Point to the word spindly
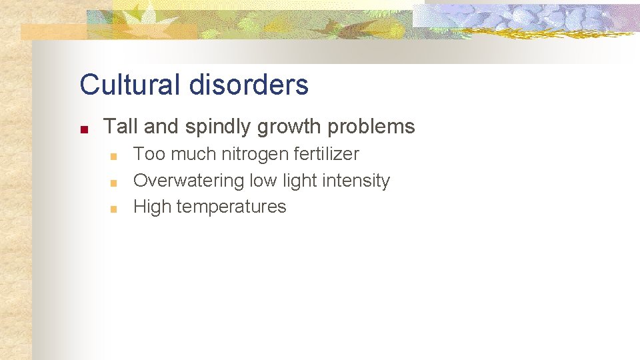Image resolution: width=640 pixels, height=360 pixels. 212,127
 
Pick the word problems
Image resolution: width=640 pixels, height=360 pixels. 375,126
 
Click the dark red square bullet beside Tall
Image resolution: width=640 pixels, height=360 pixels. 83,129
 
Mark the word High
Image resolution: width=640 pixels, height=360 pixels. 152,207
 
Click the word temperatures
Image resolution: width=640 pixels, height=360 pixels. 231,207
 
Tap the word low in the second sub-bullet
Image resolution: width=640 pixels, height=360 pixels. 262,181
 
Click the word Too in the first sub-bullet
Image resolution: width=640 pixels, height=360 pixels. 149,154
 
